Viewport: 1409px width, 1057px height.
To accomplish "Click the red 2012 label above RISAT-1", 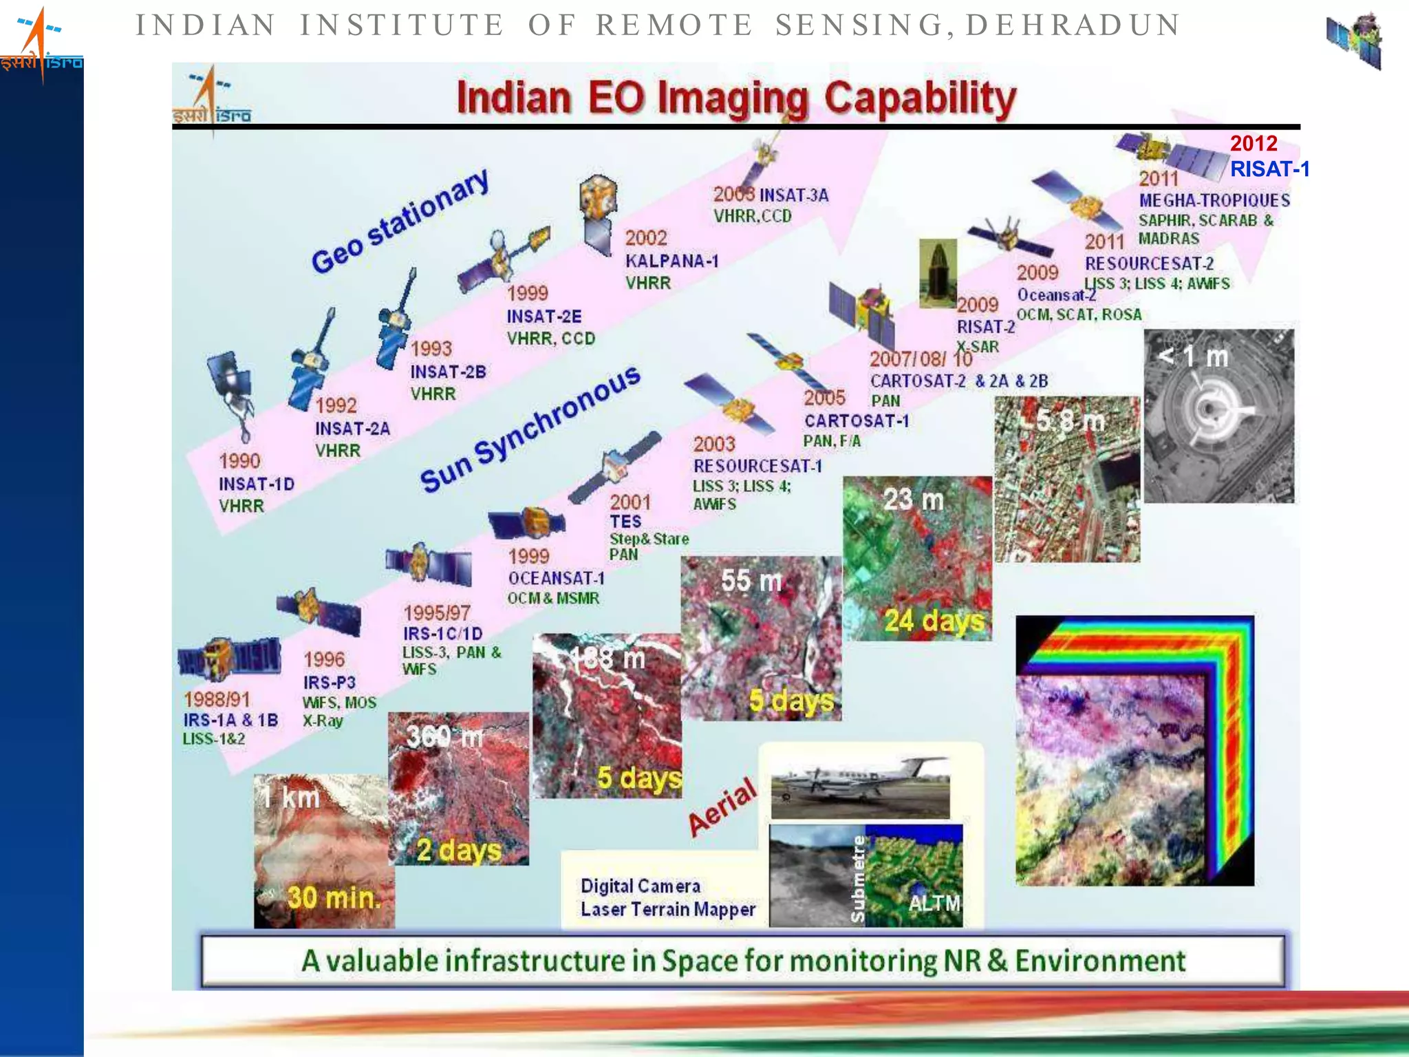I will (x=1253, y=143).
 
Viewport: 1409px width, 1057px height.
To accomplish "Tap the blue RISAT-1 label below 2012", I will (x=1269, y=169).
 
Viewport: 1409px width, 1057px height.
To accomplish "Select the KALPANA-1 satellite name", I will (x=671, y=261).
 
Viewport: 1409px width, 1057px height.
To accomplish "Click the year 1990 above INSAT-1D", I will (x=239, y=461).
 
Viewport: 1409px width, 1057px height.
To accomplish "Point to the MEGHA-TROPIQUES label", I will (x=1214, y=200).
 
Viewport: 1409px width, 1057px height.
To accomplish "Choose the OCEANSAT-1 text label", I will (x=556, y=578).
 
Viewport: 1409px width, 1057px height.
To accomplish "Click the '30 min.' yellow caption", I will (x=334, y=897).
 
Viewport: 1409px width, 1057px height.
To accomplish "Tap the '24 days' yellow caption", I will (x=934, y=621).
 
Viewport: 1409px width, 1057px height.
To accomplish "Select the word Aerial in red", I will (x=722, y=807).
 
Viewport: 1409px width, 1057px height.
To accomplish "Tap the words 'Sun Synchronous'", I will (x=530, y=429).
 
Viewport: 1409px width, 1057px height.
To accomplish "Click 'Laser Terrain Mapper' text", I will (x=667, y=909).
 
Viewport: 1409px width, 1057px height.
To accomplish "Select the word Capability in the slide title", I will (x=920, y=98).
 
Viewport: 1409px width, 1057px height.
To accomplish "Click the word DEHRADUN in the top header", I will (x=1073, y=25).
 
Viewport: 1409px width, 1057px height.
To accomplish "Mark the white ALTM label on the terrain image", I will (x=934, y=903).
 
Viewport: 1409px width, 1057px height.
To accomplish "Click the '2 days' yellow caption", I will (x=459, y=851).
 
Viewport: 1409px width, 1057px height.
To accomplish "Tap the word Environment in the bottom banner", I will (x=1100, y=961).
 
